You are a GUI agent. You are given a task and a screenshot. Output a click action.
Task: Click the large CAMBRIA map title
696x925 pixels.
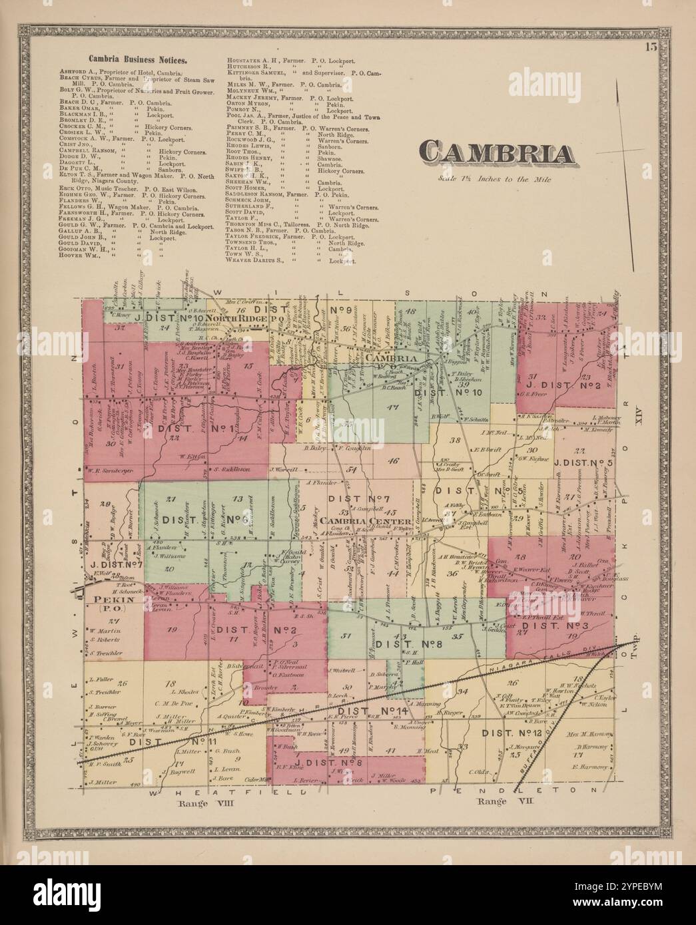click(x=499, y=154)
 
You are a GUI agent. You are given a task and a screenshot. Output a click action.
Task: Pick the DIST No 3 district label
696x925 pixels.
click(x=552, y=626)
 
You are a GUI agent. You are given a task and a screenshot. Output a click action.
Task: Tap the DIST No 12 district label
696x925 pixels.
click(x=514, y=733)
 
